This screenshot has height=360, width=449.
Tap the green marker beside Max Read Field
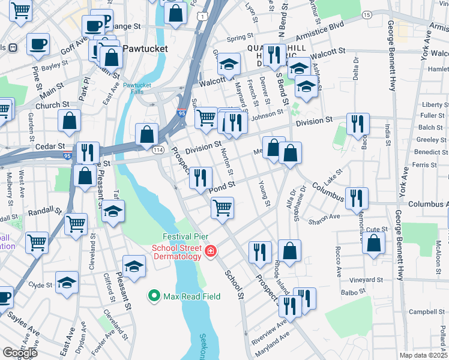[x=154, y=296]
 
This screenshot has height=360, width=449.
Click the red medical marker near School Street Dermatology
[x=210, y=251]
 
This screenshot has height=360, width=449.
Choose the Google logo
[x=20, y=353]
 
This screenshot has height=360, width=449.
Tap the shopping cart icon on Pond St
[x=222, y=208]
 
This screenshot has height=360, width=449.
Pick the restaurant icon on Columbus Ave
[x=357, y=197]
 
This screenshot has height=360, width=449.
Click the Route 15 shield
[x=367, y=14]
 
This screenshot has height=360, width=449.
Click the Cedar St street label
[x=50, y=146]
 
